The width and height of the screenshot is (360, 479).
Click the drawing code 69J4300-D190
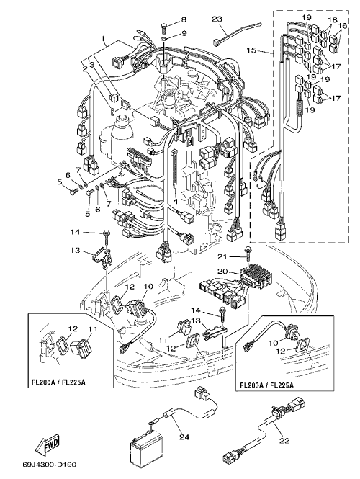coord(49,465)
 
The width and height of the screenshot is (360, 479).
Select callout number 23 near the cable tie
coord(217,19)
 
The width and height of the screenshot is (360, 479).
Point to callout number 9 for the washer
coord(184,33)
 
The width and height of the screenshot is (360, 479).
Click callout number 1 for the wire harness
coord(103,39)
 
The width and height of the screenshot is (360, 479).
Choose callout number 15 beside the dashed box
coord(251,50)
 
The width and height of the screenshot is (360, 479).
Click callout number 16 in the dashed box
coord(343,26)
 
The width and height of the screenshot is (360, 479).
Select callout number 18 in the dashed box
coord(332,20)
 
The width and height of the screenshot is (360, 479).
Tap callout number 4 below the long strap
coord(175,202)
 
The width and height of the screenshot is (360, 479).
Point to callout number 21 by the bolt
coord(222,257)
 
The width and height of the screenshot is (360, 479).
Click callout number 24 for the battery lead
coord(184,437)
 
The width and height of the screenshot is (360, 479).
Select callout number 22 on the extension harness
coord(284,441)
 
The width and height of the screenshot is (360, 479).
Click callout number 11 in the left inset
coord(92,329)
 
